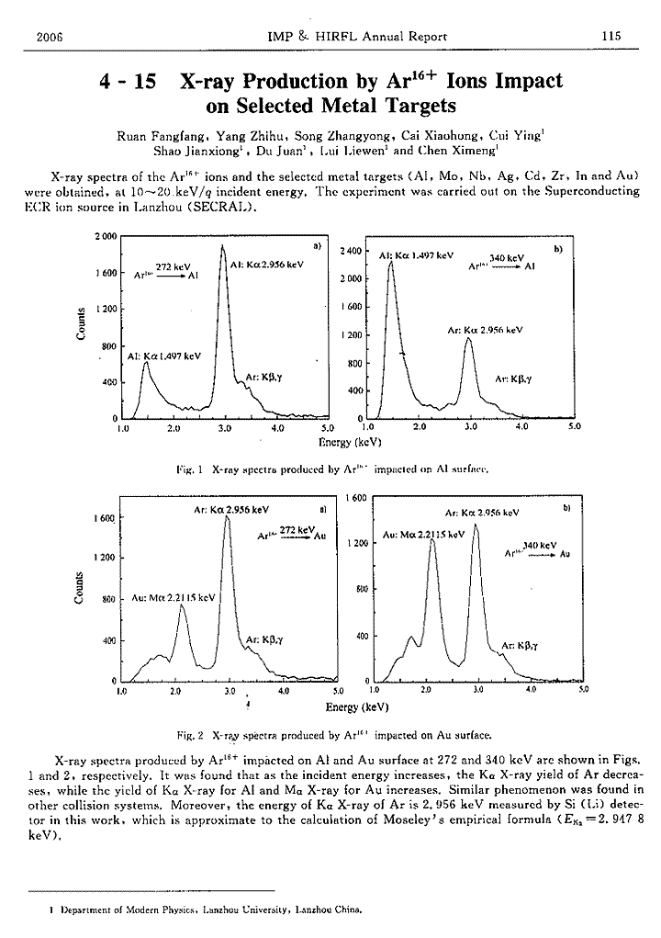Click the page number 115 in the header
click(611, 36)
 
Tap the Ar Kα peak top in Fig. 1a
click(222, 247)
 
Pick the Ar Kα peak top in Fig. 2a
click(227, 516)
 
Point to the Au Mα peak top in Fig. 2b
click(431, 540)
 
